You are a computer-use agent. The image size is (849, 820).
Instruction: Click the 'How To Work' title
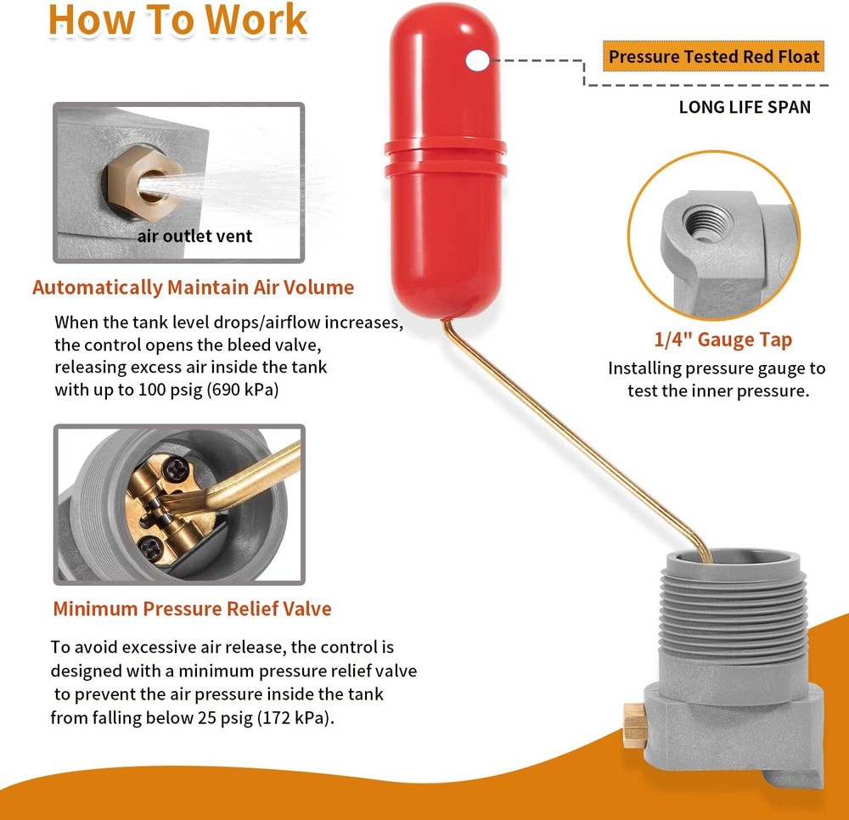pos(177,20)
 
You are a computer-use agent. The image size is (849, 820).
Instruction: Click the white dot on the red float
pos(478,59)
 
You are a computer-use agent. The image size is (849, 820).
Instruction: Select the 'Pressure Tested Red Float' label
pos(714,58)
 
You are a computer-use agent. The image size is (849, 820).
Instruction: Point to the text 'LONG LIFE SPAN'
pos(745,107)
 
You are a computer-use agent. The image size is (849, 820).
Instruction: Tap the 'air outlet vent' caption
pos(194,236)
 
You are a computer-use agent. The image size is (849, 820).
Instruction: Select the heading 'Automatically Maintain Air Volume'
pos(193,287)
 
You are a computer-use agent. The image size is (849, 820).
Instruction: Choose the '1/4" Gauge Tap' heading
pos(722,340)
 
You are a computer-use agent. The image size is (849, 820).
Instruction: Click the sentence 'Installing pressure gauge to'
pos(716,368)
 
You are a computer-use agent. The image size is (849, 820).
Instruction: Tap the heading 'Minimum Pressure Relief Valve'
pos(192,609)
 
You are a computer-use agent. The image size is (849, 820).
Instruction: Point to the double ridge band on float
pos(444,157)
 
